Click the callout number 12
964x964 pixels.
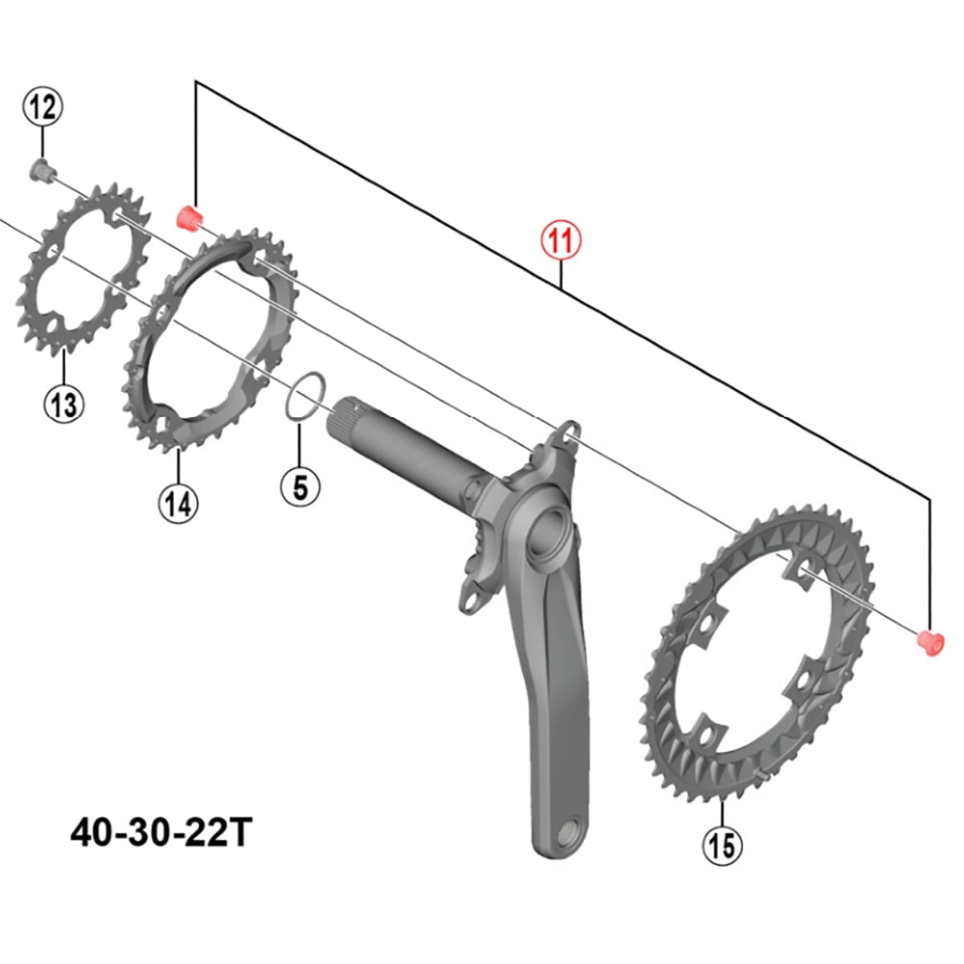coord(43,106)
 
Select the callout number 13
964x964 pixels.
coord(64,404)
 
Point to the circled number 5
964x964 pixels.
coord(300,487)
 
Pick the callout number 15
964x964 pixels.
coord(722,844)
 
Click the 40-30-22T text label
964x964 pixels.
coord(161,833)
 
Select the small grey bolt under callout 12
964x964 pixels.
coord(39,170)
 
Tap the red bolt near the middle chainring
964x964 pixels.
coord(190,219)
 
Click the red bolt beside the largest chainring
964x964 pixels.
coord(930,643)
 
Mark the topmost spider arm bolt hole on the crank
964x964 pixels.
coord(571,434)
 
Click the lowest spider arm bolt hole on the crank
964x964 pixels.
coord(472,601)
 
